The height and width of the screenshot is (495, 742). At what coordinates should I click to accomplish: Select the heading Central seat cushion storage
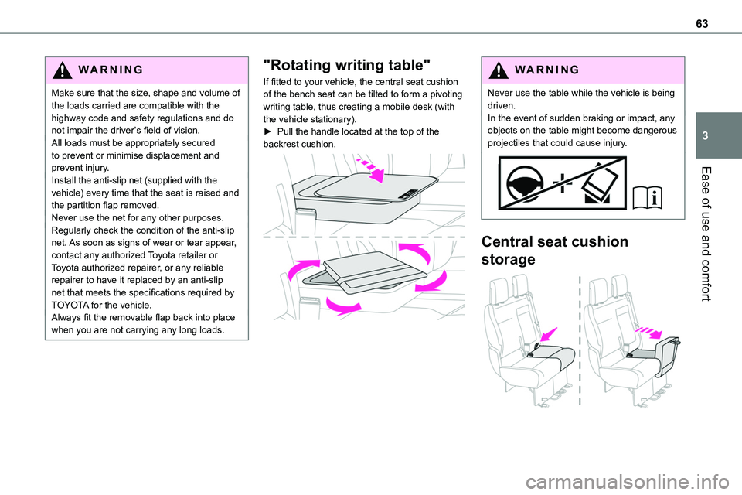point(554,250)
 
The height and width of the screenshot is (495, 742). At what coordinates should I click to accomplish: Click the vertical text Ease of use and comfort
point(715,232)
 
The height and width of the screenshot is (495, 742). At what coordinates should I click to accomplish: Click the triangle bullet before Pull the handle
point(267,132)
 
